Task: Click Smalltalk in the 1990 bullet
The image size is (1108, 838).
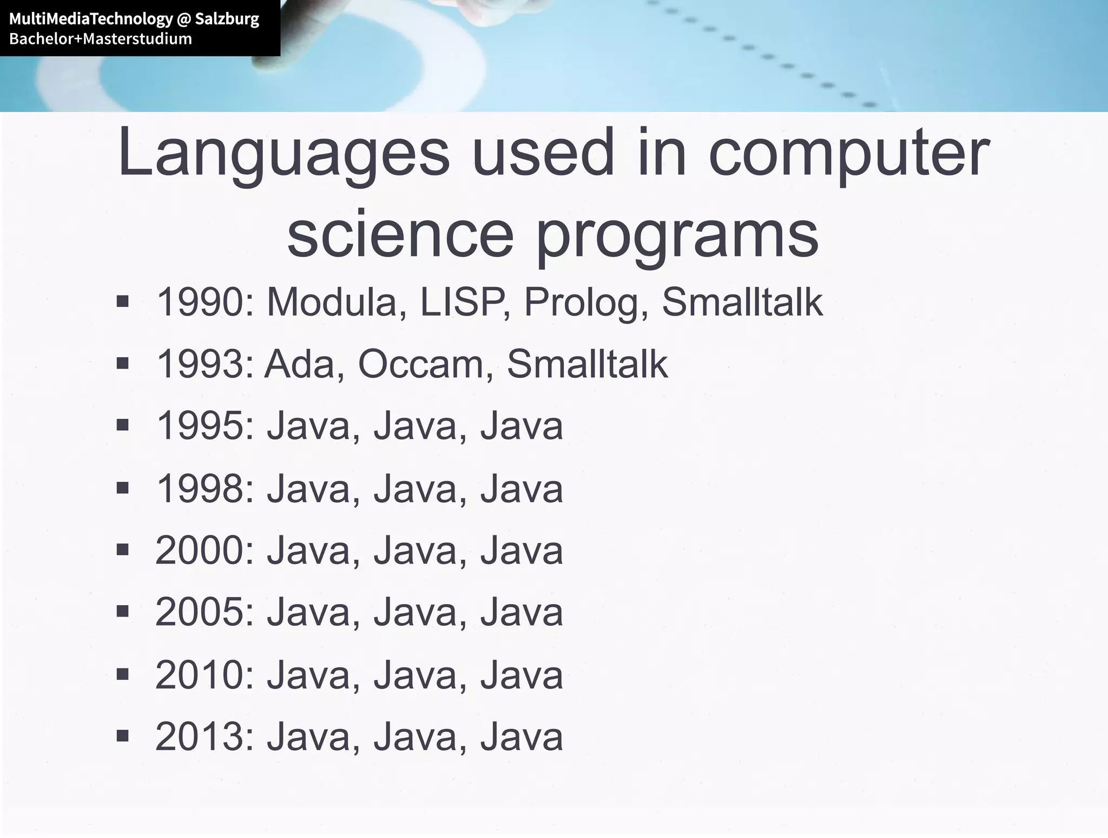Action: (x=742, y=302)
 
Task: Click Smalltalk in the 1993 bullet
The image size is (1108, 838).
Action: (x=587, y=364)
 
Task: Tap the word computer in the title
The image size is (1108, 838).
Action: (x=849, y=154)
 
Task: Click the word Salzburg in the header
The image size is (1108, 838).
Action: (x=227, y=19)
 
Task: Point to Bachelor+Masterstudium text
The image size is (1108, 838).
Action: (x=101, y=39)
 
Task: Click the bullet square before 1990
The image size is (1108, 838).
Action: (x=123, y=301)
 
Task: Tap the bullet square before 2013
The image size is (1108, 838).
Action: (x=123, y=736)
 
